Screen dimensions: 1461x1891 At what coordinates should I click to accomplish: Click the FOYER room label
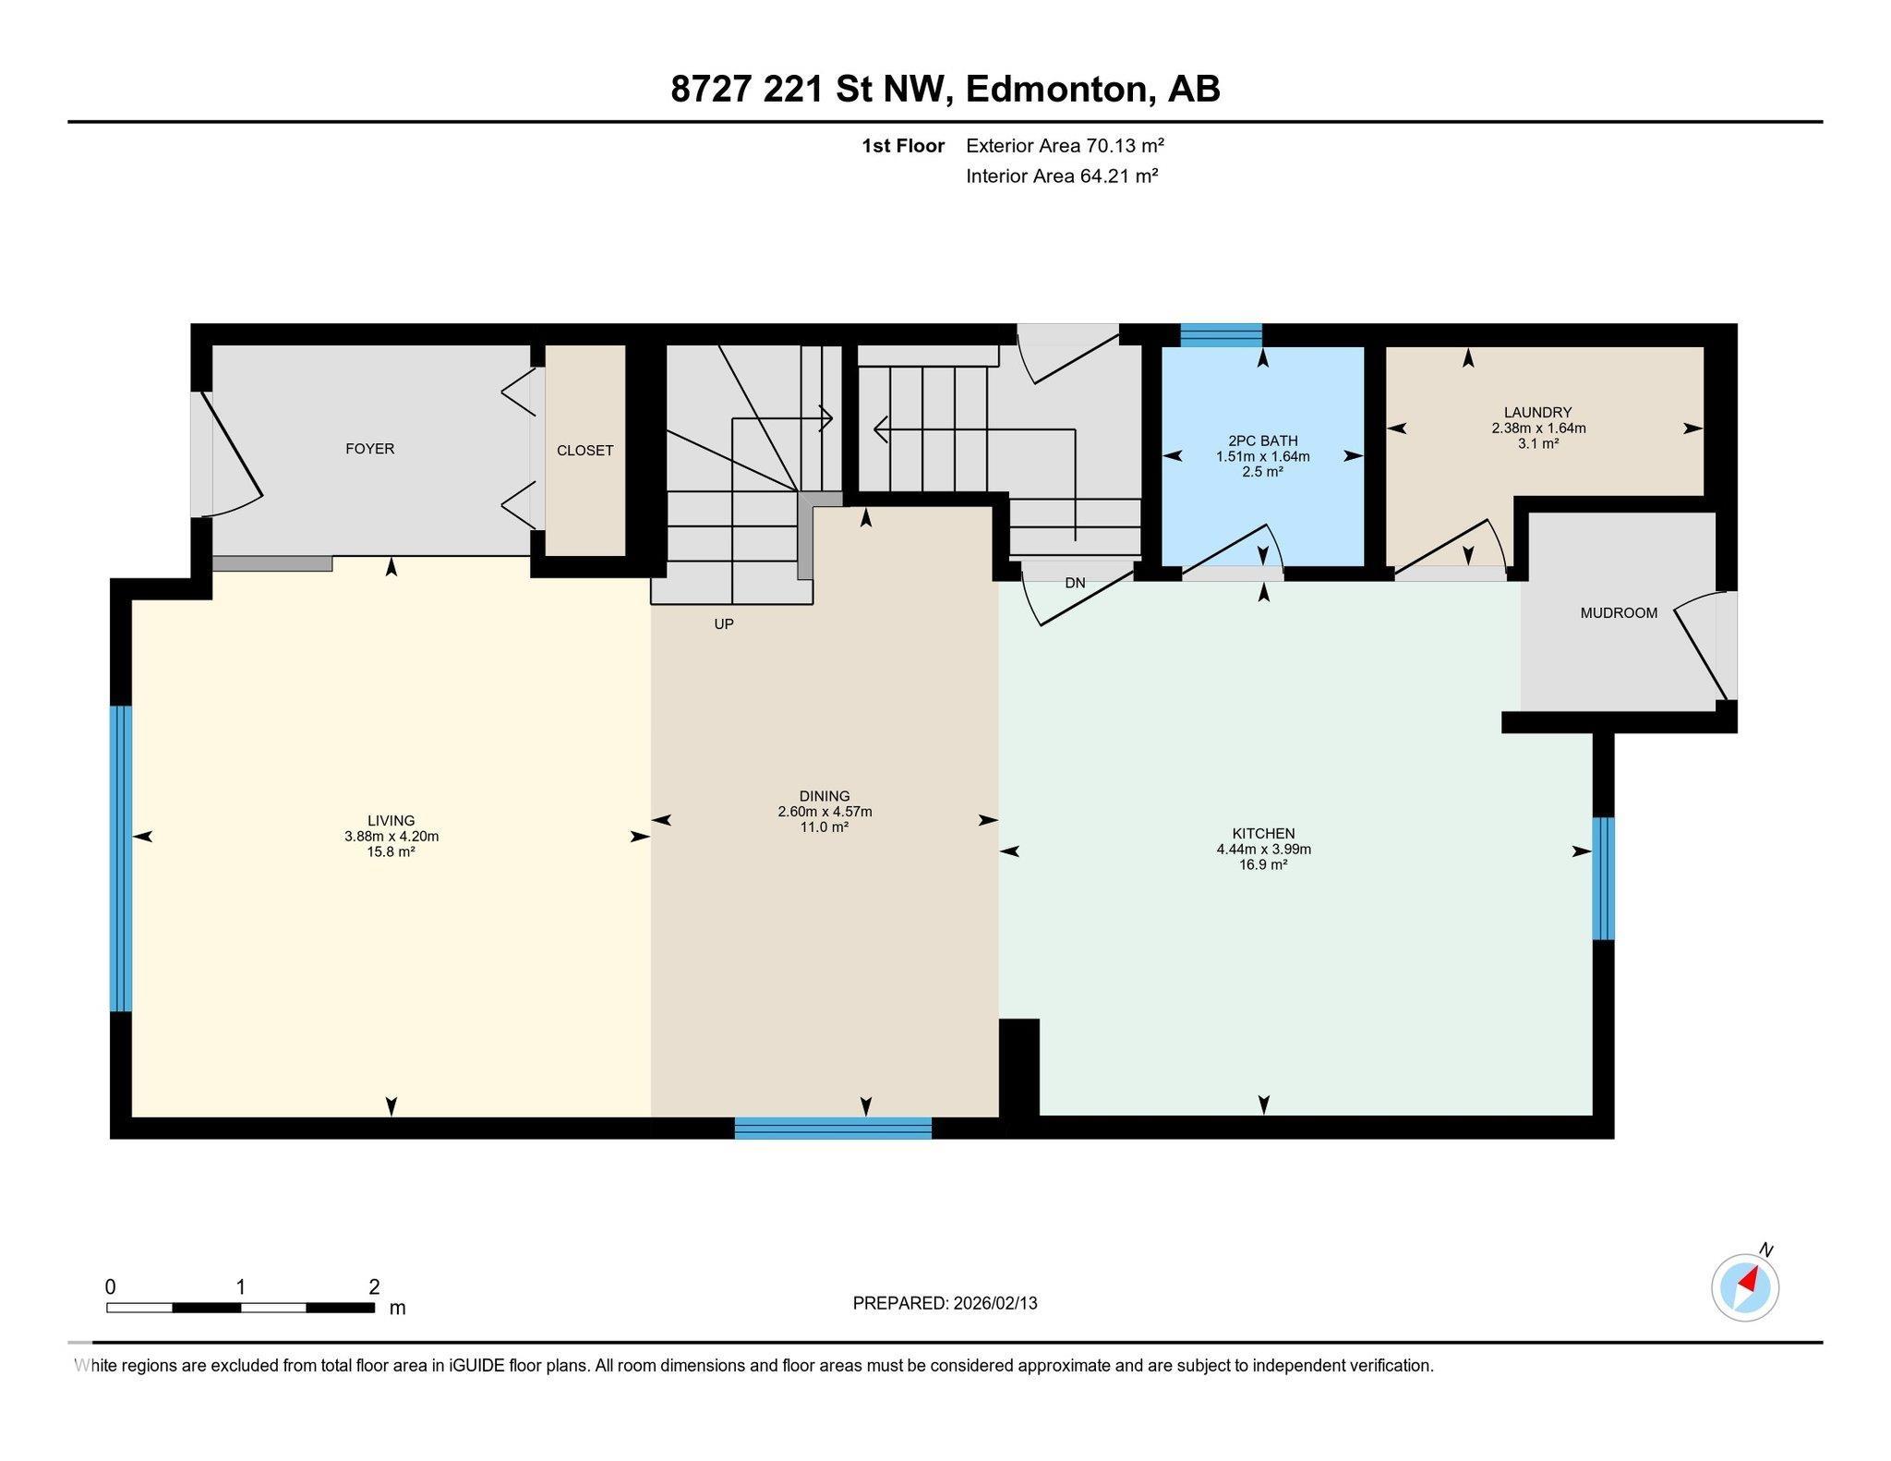click(369, 449)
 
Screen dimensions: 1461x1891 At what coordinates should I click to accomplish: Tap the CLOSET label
click(584, 451)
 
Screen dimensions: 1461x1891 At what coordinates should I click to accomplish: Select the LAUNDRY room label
click(1537, 413)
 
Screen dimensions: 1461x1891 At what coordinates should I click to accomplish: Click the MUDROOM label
click(1618, 613)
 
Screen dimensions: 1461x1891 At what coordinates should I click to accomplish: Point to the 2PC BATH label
click(1262, 441)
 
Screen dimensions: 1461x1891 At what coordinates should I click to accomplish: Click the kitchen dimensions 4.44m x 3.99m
click(1263, 850)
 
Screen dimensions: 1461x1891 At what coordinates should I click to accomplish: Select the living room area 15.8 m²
click(391, 852)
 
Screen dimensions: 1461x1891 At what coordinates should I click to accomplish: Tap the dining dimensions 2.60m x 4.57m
click(825, 812)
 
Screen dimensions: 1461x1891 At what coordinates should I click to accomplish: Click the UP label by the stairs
click(724, 624)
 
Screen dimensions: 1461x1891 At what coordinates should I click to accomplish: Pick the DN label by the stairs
click(1075, 584)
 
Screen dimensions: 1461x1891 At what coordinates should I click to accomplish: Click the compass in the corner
click(1744, 1287)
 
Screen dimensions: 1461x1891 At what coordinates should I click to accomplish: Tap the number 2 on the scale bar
click(374, 1287)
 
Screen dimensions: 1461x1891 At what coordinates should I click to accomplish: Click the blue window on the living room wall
click(121, 859)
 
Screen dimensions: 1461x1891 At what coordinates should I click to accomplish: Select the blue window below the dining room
click(833, 1128)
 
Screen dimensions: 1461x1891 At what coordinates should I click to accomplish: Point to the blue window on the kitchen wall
click(1604, 878)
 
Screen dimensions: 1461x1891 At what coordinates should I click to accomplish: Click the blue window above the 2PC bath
click(1221, 334)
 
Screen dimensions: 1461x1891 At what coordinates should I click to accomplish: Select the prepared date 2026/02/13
click(995, 1303)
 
